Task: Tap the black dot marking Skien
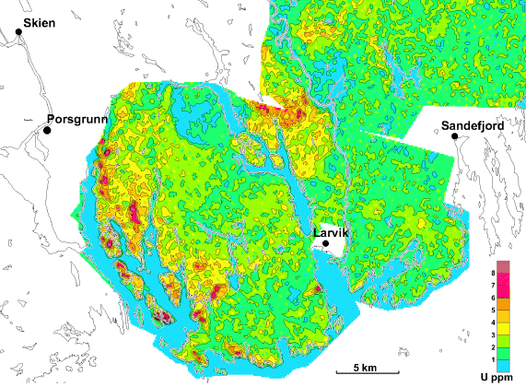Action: point(18,32)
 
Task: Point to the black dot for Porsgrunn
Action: point(45,131)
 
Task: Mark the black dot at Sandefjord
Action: point(454,136)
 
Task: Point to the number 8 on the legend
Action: point(495,274)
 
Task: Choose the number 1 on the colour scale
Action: point(495,358)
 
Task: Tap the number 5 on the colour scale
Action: point(495,310)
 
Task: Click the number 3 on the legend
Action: point(495,334)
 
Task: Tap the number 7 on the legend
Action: point(495,286)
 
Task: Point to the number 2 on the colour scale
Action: point(495,346)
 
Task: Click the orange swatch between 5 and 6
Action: point(505,304)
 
